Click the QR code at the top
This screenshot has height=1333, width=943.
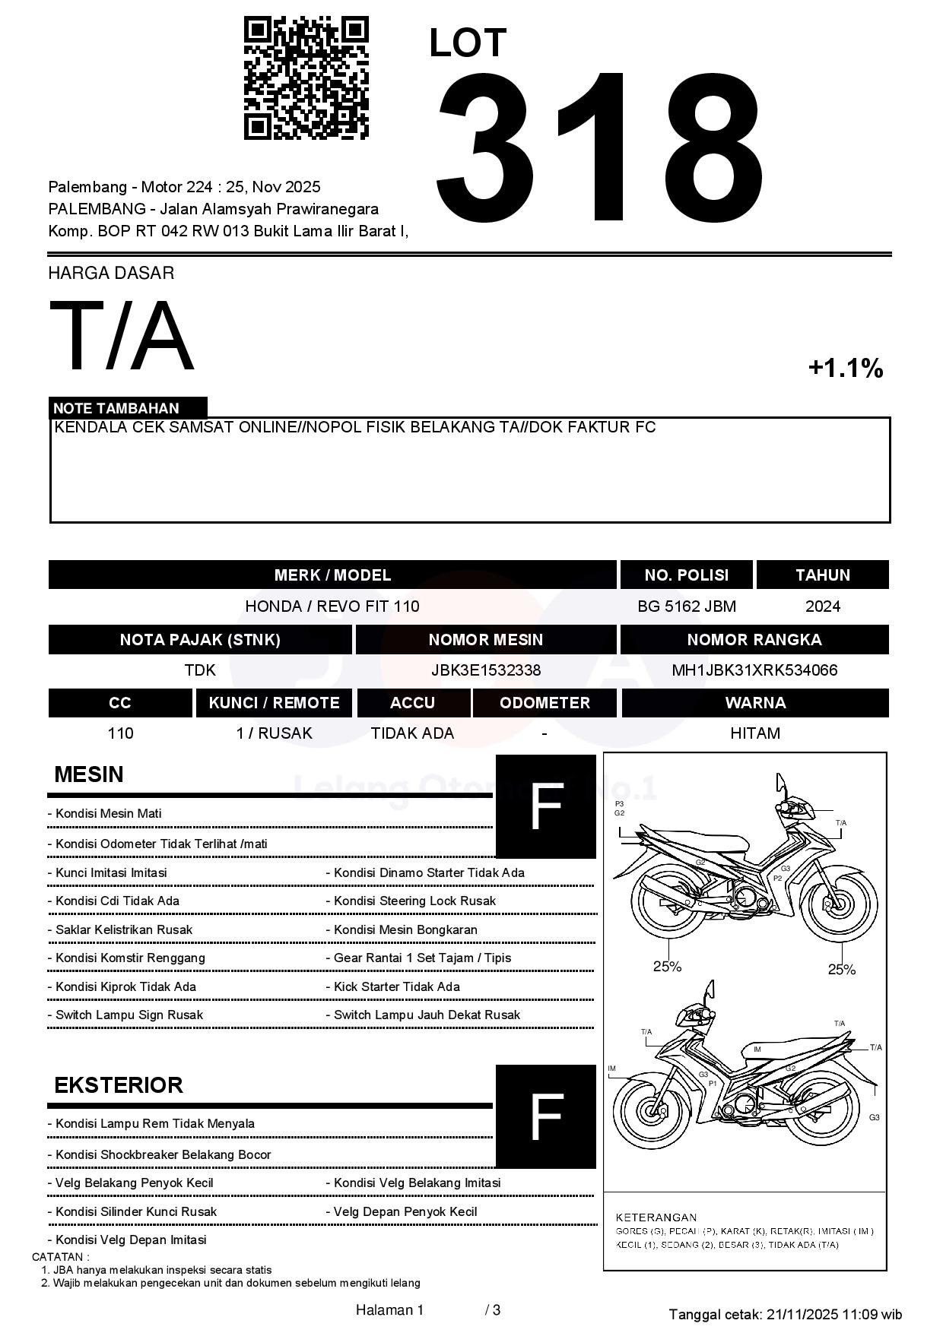click(306, 78)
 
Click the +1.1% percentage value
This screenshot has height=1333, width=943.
click(845, 369)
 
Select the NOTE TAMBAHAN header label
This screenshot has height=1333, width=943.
click(116, 408)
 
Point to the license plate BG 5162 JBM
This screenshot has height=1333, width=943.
click(686, 606)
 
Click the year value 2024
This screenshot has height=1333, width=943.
click(822, 606)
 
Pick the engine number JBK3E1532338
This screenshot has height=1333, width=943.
click(485, 670)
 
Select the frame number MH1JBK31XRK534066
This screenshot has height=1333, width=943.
click(754, 670)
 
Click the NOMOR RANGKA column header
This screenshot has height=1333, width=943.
click(754, 640)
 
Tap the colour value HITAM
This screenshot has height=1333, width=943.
click(754, 733)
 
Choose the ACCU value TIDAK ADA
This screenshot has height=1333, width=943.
click(412, 733)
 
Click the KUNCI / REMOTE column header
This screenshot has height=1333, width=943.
click(274, 703)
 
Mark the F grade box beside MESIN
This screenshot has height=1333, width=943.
click(545, 806)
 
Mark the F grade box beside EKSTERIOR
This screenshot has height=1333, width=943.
click(545, 1116)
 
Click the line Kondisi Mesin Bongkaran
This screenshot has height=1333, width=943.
click(405, 929)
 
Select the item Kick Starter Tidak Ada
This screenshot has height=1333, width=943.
click(396, 986)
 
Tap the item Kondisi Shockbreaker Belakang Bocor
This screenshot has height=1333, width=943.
click(163, 1154)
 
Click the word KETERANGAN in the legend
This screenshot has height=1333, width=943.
click(656, 1217)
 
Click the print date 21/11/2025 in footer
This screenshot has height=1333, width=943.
click(802, 1314)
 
